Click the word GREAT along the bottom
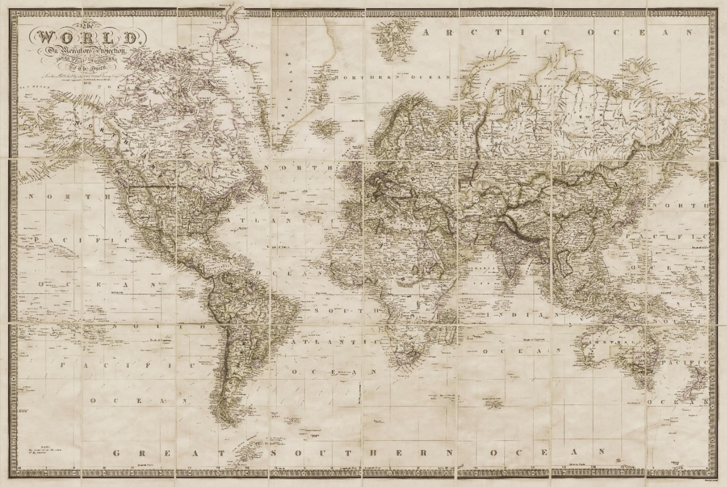(169, 453)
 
